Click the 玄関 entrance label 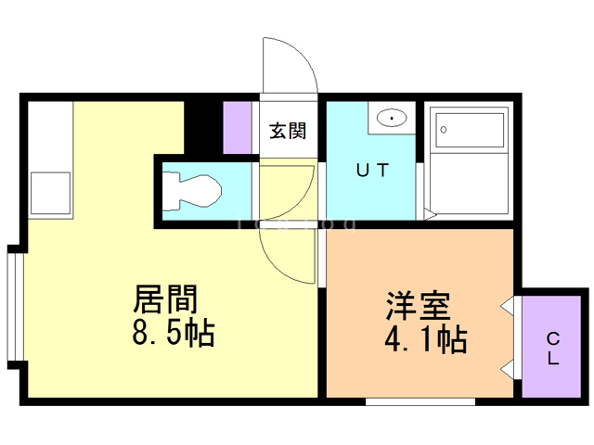tap(288, 131)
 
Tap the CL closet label tap(551, 348)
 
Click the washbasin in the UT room tap(392, 119)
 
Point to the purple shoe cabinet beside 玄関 tap(238, 126)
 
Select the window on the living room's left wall tap(13, 305)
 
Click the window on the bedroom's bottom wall tap(420, 401)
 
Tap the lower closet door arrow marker tap(507, 368)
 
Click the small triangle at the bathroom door tap(430, 215)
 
